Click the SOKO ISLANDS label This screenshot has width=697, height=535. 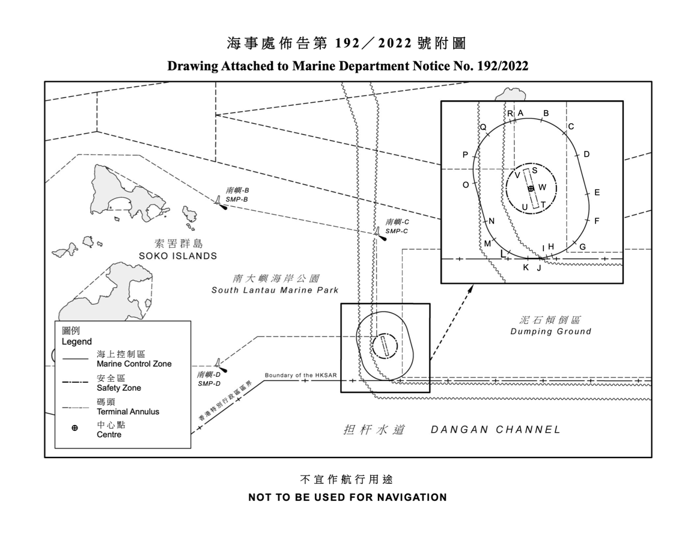pyautogui.click(x=178, y=256)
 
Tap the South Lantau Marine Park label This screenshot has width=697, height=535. pyautogui.click(x=275, y=290)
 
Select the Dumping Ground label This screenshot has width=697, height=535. pyautogui.click(x=551, y=331)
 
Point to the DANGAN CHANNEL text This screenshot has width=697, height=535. pyautogui.click(x=496, y=430)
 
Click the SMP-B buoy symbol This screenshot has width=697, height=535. pyautogui.click(x=220, y=203)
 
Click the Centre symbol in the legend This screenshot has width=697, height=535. pyautogui.click(x=75, y=428)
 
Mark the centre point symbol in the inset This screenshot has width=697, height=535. pyautogui.click(x=531, y=189)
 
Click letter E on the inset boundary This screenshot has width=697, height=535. pyautogui.click(x=597, y=192)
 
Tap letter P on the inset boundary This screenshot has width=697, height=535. pyautogui.click(x=466, y=154)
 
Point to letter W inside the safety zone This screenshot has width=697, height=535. pyautogui.click(x=543, y=187)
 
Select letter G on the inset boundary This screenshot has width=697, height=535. pyautogui.click(x=582, y=247)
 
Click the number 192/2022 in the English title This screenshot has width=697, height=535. pyautogui.click(x=502, y=66)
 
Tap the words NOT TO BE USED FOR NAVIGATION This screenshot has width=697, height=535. pyautogui.click(x=348, y=497)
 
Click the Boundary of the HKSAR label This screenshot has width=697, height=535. pyautogui.click(x=301, y=375)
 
